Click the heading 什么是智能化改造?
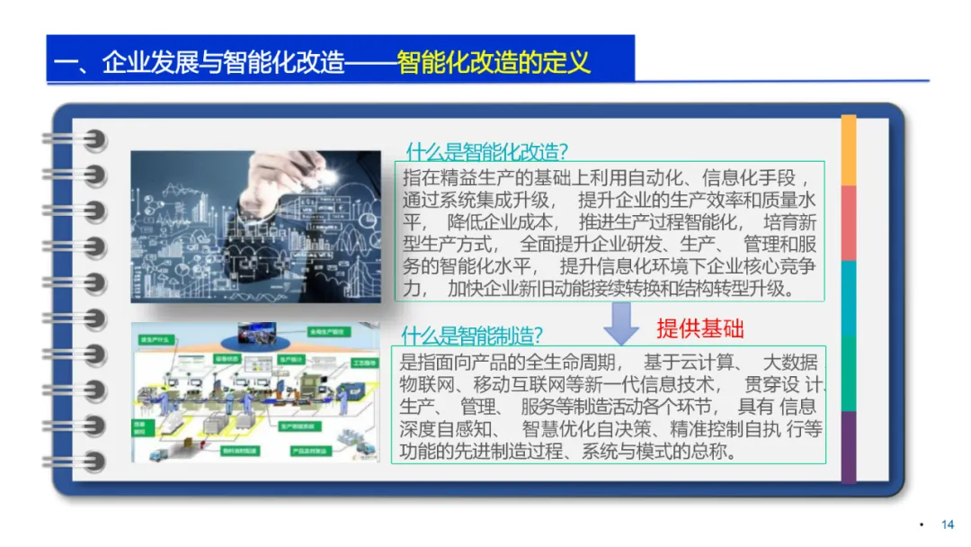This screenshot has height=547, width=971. click(487, 149)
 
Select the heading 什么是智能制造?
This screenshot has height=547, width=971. click(472, 336)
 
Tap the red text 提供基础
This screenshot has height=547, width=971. click(700, 328)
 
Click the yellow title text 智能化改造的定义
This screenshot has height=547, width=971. click(494, 63)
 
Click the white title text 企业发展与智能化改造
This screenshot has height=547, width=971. click(224, 63)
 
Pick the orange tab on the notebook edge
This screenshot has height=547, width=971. click(848, 150)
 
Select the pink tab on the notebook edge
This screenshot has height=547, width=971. click(848, 223)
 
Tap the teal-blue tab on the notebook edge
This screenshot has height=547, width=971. click(848, 298)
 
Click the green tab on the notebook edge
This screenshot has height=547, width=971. click(848, 372)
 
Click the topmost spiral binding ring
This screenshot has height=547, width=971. click(86, 139)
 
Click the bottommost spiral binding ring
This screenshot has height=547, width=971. click(86, 462)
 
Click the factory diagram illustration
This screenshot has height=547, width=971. click(255, 392)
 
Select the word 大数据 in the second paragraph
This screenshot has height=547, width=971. click(790, 363)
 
